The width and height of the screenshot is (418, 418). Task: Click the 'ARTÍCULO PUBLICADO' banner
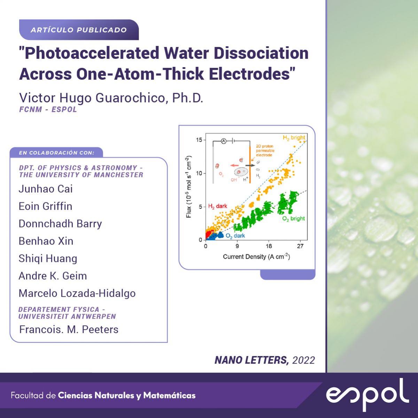coord(79,30)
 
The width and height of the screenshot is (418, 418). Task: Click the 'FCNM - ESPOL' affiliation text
coord(48,109)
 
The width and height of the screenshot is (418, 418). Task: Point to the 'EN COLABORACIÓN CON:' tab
coord(57,153)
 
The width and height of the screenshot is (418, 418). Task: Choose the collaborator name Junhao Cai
coord(46,189)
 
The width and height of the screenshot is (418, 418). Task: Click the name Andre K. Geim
coord(53,276)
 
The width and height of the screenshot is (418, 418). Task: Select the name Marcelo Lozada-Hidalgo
coord(77,293)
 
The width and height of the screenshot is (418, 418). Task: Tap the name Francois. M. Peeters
coord(69,330)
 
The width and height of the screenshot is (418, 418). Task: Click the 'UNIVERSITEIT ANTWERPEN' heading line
coord(67,316)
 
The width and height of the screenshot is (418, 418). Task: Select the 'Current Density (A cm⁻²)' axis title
coord(256,257)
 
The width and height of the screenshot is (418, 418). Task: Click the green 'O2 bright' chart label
coord(294,219)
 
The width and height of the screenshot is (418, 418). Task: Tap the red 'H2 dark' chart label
coord(218,206)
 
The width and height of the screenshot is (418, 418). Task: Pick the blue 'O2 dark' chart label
coord(235,236)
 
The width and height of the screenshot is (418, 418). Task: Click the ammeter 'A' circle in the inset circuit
coord(224,141)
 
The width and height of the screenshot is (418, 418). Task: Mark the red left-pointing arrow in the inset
coord(234,165)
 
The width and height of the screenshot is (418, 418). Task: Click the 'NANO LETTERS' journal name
coord(251,360)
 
